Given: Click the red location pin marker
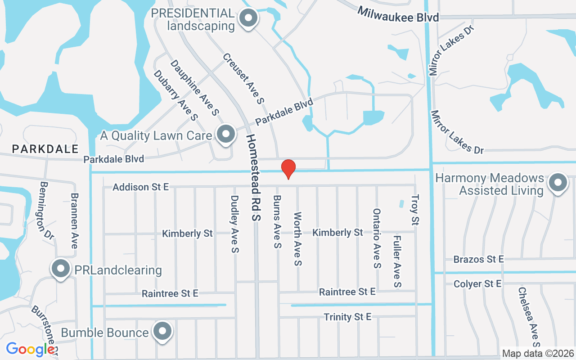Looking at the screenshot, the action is point(288,169).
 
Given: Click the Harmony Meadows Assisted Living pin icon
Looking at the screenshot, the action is point(558,183).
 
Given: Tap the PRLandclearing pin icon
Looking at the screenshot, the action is point(60,270).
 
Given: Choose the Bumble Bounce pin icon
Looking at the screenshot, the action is point(162,332).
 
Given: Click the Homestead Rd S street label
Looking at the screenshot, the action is point(253,177).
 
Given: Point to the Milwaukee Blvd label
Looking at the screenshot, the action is point(398,13).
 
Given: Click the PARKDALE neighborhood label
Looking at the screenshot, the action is point(45,149).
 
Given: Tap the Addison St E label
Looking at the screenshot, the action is point(141,187).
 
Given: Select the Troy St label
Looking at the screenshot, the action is point(415,209).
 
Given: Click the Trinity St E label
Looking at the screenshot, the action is point(347,317).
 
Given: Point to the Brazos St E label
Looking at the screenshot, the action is point(478,260).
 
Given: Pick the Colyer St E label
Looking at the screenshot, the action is point(477,284).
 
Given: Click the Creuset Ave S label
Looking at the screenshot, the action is point(243,79).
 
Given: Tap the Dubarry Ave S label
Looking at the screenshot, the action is point(175,95).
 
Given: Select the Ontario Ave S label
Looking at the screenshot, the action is point(377,238).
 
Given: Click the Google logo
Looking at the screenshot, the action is point(31,349).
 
